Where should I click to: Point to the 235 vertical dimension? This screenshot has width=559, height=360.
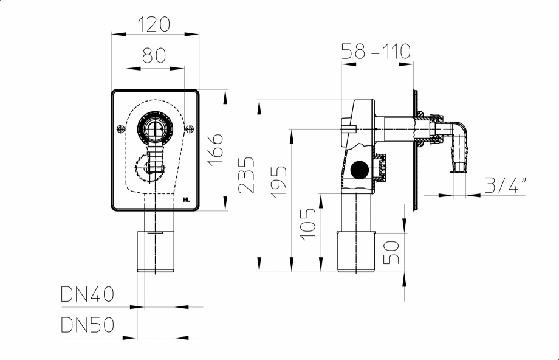(246, 176)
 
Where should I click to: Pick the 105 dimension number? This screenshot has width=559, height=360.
(309, 224)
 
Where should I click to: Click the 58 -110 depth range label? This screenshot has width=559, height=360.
(376, 51)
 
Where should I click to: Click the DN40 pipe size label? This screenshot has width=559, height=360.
(87, 295)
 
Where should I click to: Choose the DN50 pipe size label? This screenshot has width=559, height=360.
(87, 325)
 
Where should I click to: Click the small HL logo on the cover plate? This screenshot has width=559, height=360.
(187, 199)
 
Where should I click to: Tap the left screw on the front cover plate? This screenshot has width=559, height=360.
(120, 128)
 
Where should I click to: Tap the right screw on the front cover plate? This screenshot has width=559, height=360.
(190, 128)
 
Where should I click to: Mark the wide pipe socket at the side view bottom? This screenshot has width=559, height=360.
(357, 251)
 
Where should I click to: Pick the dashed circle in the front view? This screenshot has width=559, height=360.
(146, 167)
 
